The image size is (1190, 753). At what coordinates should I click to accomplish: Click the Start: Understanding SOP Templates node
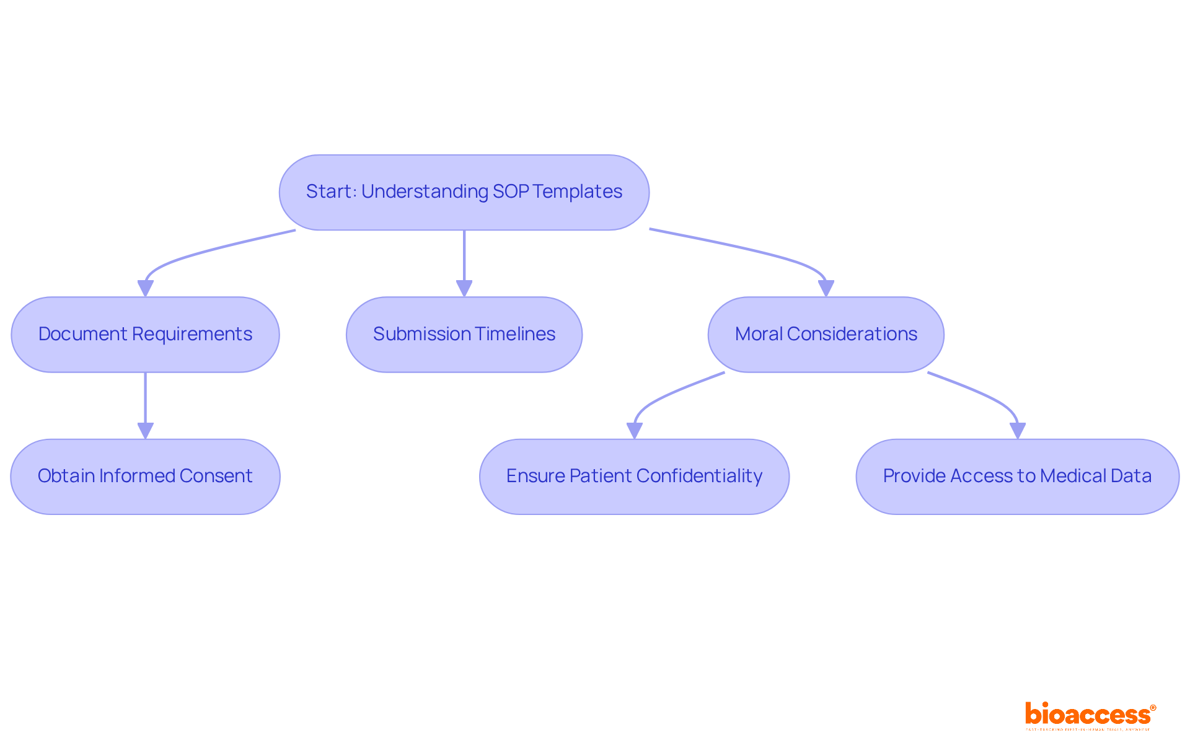[x=464, y=192]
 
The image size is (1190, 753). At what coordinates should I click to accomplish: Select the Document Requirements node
[x=145, y=334]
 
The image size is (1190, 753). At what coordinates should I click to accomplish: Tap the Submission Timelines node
[x=464, y=334]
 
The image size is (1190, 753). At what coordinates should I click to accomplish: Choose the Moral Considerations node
[x=826, y=334]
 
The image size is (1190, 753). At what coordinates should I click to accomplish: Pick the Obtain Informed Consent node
[x=145, y=476]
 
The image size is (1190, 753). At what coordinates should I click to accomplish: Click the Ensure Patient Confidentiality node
[x=634, y=476]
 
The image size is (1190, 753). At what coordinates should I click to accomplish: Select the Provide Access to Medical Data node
[x=1017, y=476]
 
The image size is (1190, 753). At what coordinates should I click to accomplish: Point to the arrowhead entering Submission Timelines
[x=464, y=289]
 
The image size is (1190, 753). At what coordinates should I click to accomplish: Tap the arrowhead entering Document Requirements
[x=146, y=289]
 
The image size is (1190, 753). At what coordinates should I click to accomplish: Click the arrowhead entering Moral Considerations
[x=826, y=289]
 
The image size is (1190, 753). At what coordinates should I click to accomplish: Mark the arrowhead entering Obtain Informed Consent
[x=146, y=431]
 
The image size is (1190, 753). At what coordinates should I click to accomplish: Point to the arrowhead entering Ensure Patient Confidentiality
[x=635, y=431]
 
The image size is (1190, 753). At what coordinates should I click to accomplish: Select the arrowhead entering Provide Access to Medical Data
[x=1018, y=431]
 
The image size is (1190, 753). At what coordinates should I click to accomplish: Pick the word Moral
[x=759, y=334]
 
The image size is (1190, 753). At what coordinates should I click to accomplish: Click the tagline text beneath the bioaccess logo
[x=1088, y=730]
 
